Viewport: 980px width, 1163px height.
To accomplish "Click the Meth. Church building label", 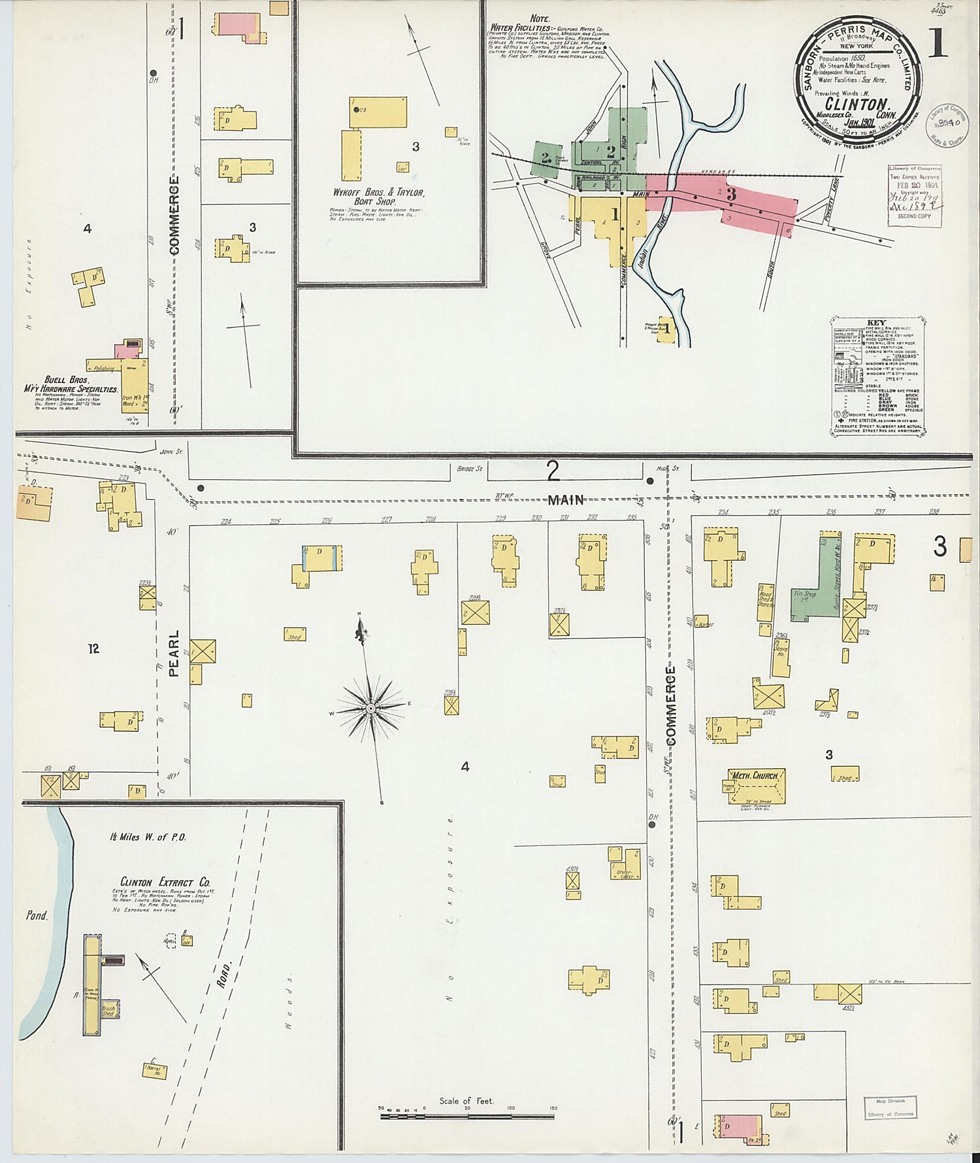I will coord(755,776).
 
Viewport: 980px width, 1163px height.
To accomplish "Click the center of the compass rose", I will coord(370,708).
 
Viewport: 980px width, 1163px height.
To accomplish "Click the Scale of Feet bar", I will coord(466,1116).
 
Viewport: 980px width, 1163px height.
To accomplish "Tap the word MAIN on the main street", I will coord(566,500).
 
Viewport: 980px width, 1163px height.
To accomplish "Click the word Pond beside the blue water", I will coord(37,916).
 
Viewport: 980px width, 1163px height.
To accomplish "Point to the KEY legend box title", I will coord(875,323).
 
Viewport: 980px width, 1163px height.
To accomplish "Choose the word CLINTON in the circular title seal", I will coord(856,104).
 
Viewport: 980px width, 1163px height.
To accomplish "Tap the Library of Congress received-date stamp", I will coord(914,194).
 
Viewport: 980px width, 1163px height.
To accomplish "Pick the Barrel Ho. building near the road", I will coord(154,1070).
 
